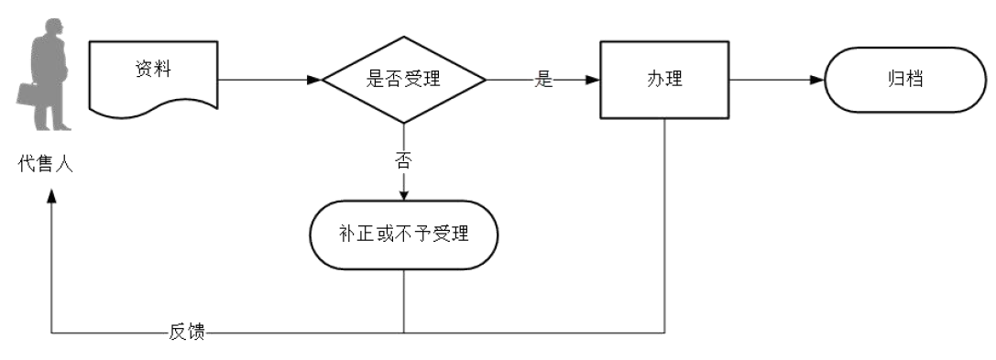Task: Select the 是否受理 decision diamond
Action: point(403,80)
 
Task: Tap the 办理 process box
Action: point(663,80)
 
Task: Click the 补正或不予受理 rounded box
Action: point(403,235)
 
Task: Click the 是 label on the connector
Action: point(544,80)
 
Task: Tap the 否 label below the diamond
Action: point(403,161)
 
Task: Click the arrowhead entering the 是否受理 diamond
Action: point(314,80)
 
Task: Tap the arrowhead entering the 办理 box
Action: point(593,80)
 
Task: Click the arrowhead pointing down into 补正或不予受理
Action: point(403,194)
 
